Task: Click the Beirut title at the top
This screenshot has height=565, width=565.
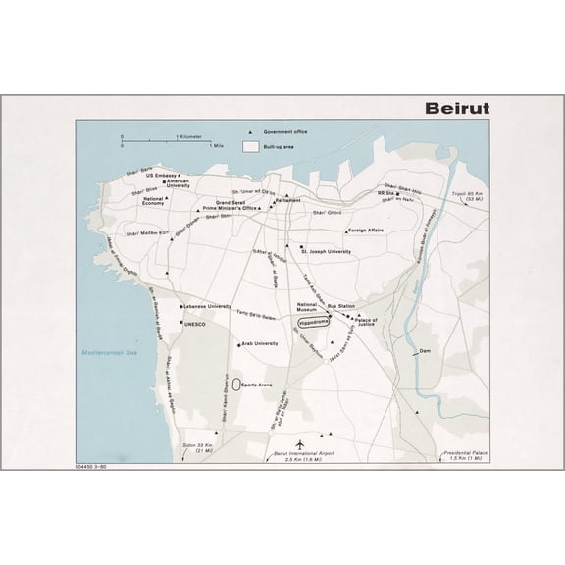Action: click(456, 108)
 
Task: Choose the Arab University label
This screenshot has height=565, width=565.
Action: click(262, 344)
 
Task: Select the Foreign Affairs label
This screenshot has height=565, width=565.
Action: click(368, 231)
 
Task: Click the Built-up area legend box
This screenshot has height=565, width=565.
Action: click(251, 145)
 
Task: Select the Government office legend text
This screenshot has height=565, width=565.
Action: click(285, 131)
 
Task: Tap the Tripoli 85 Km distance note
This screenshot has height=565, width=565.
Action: click(468, 196)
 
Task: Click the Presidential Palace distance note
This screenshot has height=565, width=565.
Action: click(464, 454)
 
